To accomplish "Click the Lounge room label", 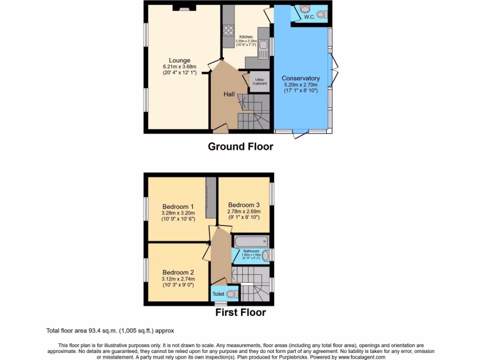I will point(180,60).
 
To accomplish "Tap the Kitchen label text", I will point(246,37).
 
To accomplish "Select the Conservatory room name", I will point(300,78).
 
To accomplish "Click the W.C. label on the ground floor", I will point(309,17).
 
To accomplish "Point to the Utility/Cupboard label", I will point(260,81).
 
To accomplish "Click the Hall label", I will point(229,94).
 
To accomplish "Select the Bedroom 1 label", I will point(178,207).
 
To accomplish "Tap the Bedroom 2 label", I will point(178,272).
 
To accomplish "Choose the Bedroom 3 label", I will point(244,205).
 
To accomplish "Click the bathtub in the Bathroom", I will point(251,241).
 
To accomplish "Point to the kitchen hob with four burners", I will point(229,30).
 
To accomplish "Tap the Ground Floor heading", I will point(240,147).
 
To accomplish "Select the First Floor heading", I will point(240,313).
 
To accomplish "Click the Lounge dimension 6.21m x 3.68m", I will point(180,67).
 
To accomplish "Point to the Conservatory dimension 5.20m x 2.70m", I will point(300,85).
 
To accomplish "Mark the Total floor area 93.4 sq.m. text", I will point(110,330).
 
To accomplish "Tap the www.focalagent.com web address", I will point(359,357).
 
